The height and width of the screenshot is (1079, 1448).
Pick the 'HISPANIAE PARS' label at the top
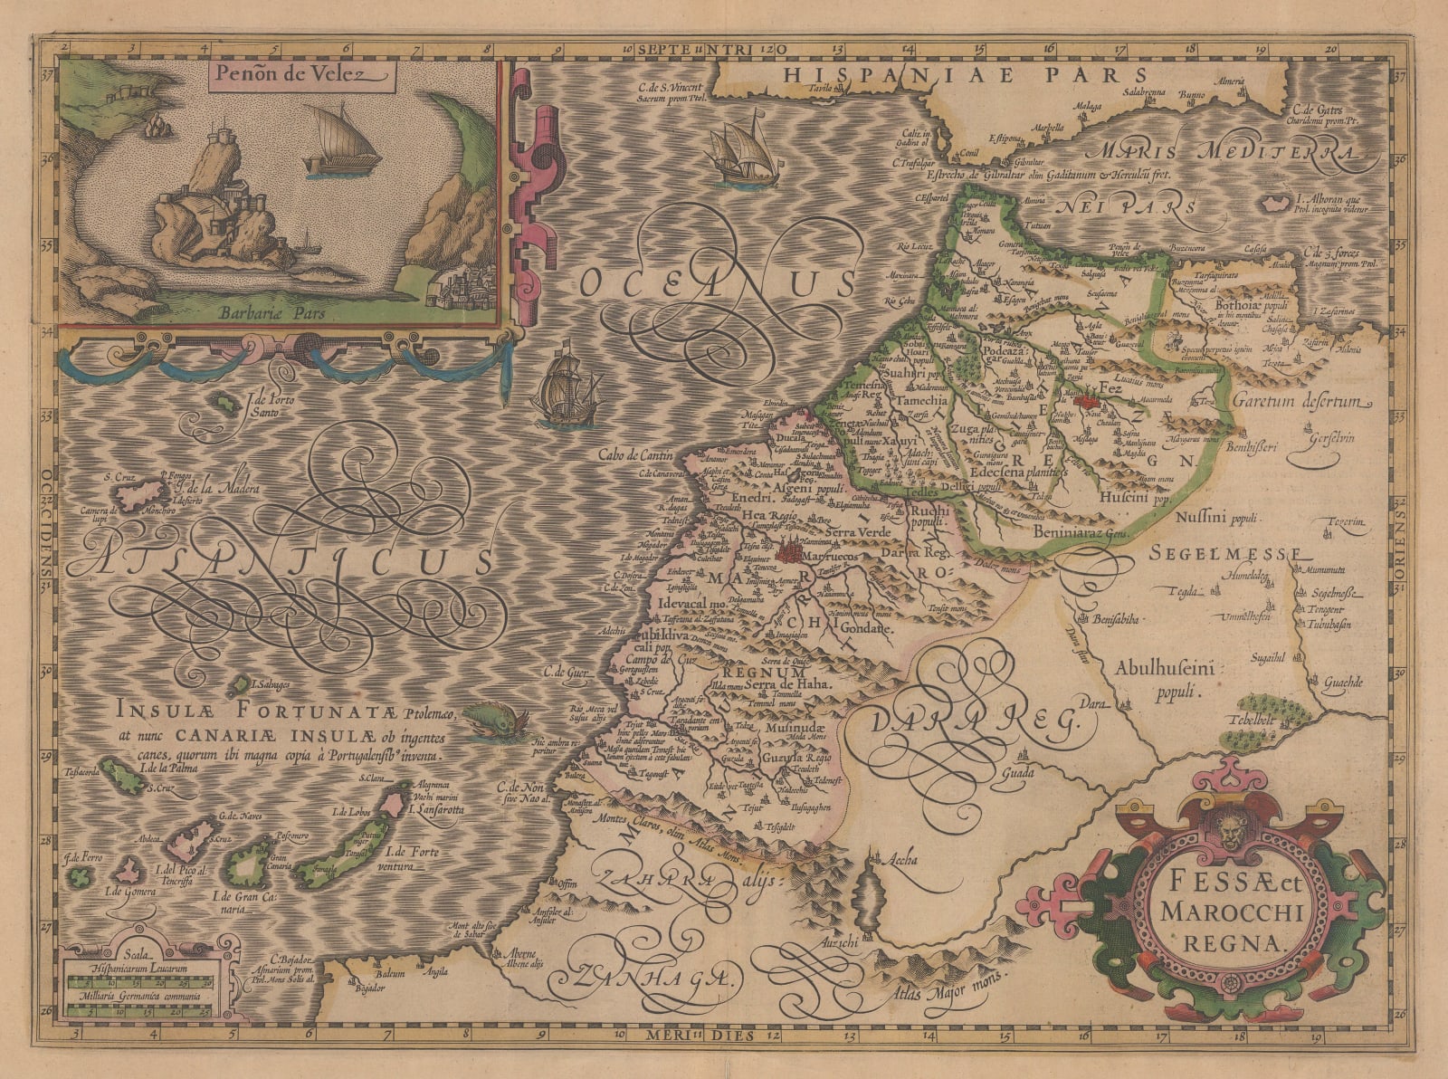pos(966,75)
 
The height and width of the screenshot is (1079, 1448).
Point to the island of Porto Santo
pos(220,399)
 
